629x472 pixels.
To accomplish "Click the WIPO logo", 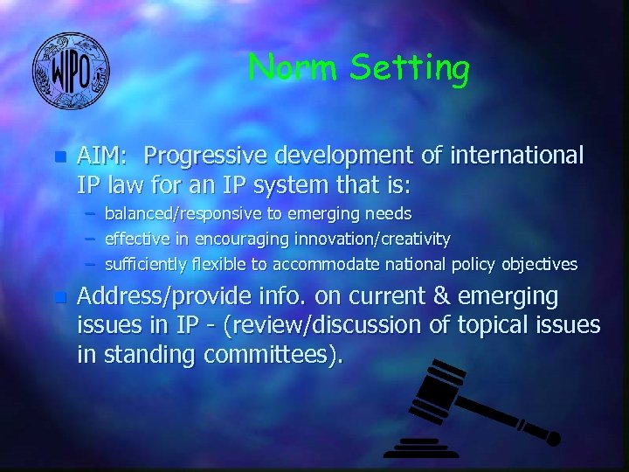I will pyautogui.click(x=71, y=71).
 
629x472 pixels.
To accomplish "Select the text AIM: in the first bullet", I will pyautogui.click(x=103, y=156).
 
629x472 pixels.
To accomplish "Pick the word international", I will pyautogui.click(x=516, y=156).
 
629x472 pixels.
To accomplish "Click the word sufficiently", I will pyautogui.click(x=142, y=264).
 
